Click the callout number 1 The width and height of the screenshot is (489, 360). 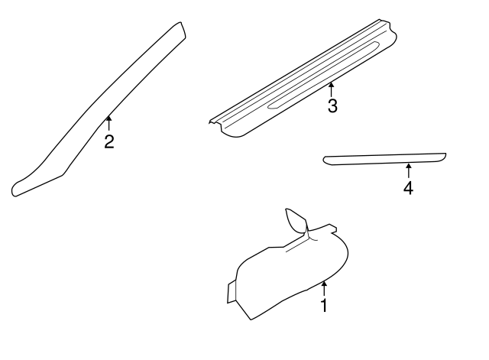324,305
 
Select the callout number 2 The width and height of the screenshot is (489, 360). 109,141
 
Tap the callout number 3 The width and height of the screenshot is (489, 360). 332,105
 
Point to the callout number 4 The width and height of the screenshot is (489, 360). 408,188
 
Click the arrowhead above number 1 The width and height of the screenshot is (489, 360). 324,284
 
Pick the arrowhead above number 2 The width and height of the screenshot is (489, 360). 108,118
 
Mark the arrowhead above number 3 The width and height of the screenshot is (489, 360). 331,84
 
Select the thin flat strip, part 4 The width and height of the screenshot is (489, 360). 384,159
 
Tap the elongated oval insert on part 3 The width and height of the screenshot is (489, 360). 323,75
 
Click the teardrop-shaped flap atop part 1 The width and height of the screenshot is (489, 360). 296,220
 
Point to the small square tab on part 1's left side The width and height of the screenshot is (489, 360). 232,291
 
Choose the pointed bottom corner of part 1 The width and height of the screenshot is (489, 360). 251,319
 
